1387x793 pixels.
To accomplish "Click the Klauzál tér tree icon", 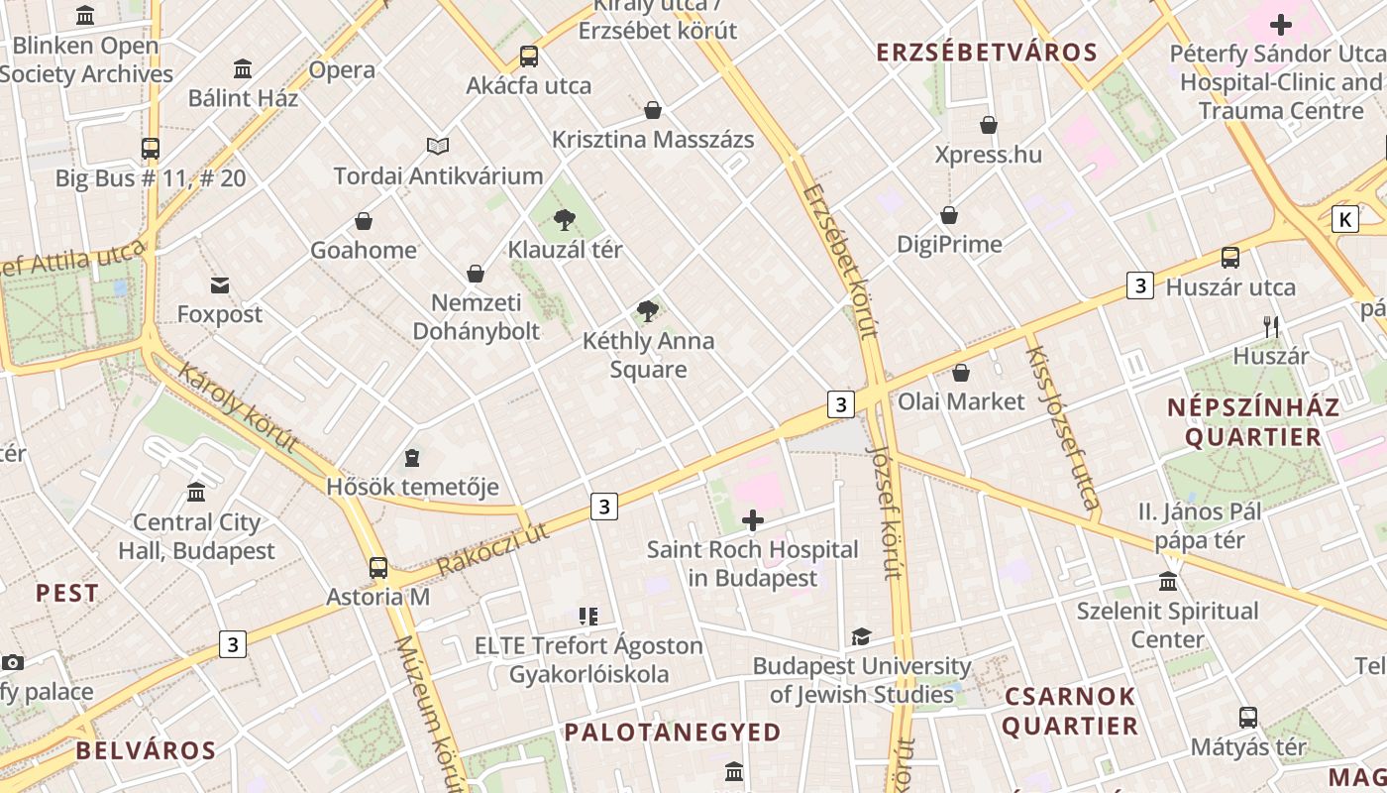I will (x=565, y=219).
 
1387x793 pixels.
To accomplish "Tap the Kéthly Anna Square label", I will (x=648, y=355).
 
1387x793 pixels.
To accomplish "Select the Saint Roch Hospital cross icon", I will (x=753, y=519).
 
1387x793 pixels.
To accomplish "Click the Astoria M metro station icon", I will (x=378, y=568).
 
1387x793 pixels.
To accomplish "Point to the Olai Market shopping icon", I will (x=960, y=373).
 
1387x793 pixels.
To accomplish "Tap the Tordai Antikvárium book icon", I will (x=438, y=146).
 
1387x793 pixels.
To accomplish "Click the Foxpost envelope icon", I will (x=220, y=285).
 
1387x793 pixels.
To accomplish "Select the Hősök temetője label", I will (x=412, y=487).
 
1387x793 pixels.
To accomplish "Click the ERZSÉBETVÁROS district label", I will (x=987, y=53).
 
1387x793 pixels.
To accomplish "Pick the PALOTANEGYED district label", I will (x=673, y=732).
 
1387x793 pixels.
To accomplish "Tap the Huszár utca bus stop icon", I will (x=1230, y=258).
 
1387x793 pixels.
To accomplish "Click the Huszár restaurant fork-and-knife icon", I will (x=1271, y=326).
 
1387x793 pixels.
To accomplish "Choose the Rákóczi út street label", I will (x=492, y=548).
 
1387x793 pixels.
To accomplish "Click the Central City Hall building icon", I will (x=196, y=493).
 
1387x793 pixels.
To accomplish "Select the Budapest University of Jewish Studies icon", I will (x=861, y=636).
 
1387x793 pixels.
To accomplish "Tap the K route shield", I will (x=1344, y=219).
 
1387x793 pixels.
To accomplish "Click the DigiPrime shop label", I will (x=949, y=244).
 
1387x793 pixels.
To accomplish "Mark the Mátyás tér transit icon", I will (x=1248, y=718).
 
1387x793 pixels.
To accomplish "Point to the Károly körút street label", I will (x=238, y=406).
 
